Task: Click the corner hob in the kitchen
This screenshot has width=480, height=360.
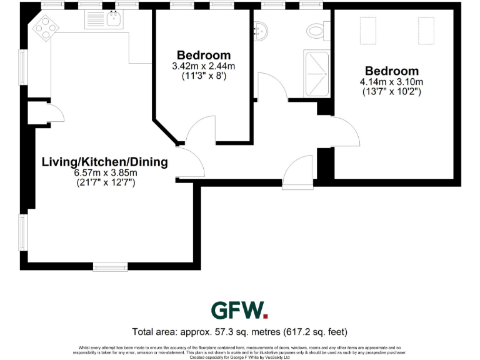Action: (x=46, y=27)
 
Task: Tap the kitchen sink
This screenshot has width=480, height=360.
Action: (x=114, y=19)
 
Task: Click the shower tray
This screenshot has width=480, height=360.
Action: (x=317, y=74)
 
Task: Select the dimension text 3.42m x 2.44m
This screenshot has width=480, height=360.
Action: (x=203, y=66)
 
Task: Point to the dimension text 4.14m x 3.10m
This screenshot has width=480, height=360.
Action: (x=392, y=82)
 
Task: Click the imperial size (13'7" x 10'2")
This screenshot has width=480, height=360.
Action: (x=392, y=91)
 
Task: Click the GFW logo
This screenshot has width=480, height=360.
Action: (x=239, y=310)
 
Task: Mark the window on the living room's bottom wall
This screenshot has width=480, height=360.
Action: (x=111, y=267)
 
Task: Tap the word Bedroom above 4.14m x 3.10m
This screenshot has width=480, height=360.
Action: (x=392, y=71)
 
